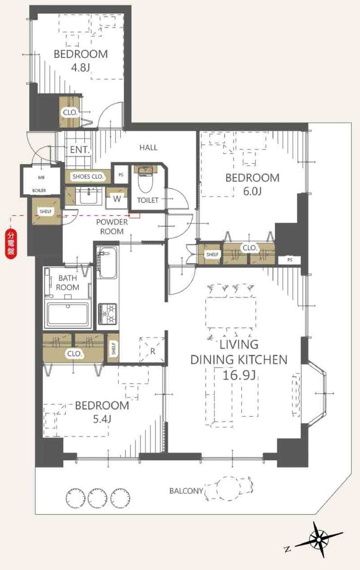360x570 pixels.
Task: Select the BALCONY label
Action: [x=186, y=491]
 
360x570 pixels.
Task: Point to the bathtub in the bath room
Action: [x=67, y=313]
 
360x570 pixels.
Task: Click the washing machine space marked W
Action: [x=117, y=198]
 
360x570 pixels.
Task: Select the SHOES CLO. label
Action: [x=88, y=177]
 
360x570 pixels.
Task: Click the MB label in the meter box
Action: [x=41, y=178]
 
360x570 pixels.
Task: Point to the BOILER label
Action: [x=39, y=190]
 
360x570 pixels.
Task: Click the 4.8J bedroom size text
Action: [x=81, y=68]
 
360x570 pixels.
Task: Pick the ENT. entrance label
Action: [x=80, y=149]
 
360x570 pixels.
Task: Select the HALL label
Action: [x=148, y=147]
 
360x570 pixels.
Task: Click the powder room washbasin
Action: [x=88, y=196]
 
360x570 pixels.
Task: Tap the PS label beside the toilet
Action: [x=121, y=175]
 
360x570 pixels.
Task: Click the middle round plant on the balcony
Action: [x=98, y=496]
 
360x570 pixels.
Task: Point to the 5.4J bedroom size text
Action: [x=102, y=419]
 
